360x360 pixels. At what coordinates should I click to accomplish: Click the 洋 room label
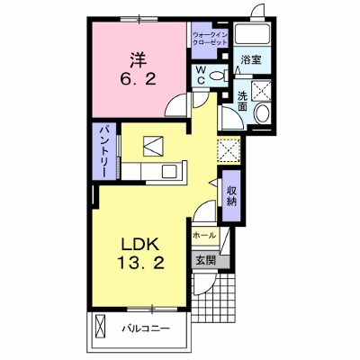pyautogui.click(x=139, y=60)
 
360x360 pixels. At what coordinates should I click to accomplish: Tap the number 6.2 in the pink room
pyautogui.click(x=139, y=79)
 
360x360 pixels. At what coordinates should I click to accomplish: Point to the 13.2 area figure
pyautogui.click(x=140, y=264)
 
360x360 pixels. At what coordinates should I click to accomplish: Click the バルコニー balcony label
pyautogui.click(x=146, y=328)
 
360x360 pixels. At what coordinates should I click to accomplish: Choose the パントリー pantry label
pyautogui.click(x=103, y=152)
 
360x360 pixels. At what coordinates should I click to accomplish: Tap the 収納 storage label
pyautogui.click(x=231, y=195)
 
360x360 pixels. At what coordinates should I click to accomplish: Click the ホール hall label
pyautogui.click(x=204, y=236)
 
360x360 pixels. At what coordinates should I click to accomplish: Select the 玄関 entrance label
pyautogui.click(x=205, y=261)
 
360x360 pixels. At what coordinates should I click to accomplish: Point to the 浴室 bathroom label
pyautogui.click(x=251, y=59)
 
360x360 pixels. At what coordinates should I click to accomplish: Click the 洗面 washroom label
pyautogui.click(x=242, y=101)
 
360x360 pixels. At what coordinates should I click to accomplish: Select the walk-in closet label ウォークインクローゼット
pyautogui.click(x=210, y=38)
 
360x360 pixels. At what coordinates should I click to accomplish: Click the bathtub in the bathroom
pyautogui.click(x=252, y=34)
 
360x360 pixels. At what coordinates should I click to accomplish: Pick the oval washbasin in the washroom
pyautogui.click(x=263, y=113)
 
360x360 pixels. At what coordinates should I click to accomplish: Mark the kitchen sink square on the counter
pyautogui.click(x=170, y=171)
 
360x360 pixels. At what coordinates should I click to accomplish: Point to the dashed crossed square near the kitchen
pyautogui.click(x=229, y=151)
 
